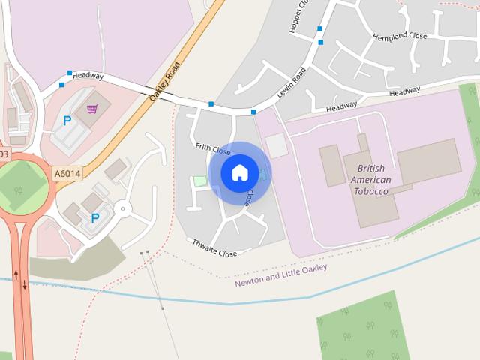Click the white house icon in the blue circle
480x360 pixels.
[239, 172]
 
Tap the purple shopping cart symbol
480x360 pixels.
[92, 109]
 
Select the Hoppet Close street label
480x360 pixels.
[298, 16]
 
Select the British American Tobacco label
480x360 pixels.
[371, 180]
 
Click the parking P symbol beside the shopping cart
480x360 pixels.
[67, 121]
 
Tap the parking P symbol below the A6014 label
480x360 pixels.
[94, 218]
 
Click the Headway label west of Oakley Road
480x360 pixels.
[88, 75]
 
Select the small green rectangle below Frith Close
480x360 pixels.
[199, 181]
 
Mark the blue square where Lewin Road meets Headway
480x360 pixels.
[253, 112]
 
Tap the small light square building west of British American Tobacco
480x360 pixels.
[276, 145]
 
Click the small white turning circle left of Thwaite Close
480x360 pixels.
[122, 208]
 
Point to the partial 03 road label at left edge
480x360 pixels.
[4, 154]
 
